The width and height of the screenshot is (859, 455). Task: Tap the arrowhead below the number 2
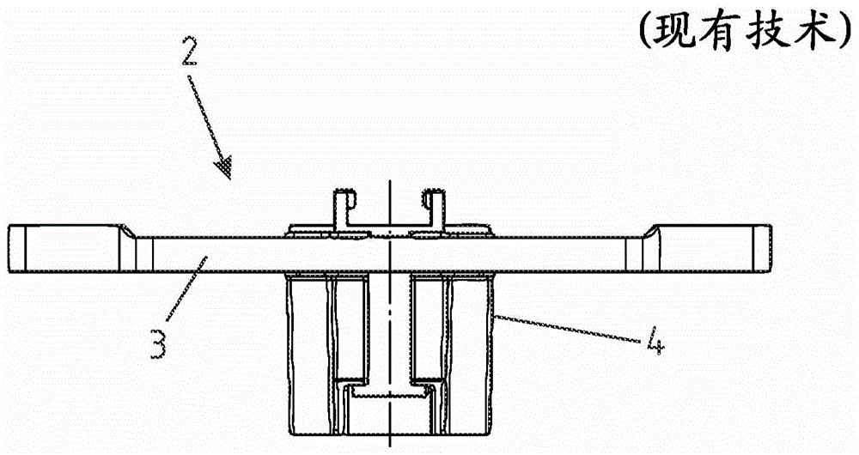tap(227, 168)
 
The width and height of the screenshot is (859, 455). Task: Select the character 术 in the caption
tap(811, 32)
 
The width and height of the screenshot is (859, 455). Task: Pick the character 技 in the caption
tap(767, 32)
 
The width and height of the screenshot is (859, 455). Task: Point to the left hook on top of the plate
tap(342, 209)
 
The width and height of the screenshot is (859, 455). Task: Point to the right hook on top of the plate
tap(435, 209)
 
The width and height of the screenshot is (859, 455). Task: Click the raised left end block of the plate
tap(64, 250)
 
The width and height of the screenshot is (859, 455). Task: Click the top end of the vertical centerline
tap(389, 182)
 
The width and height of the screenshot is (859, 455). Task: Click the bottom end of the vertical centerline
tap(389, 448)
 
